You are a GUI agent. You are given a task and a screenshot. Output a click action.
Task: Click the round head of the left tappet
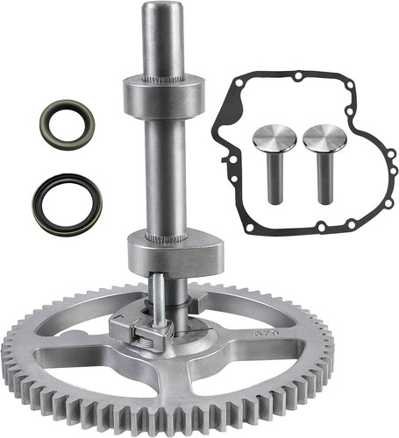pyautogui.click(x=273, y=139)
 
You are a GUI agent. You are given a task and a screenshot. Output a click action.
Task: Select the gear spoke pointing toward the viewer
pyautogui.click(x=183, y=385)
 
